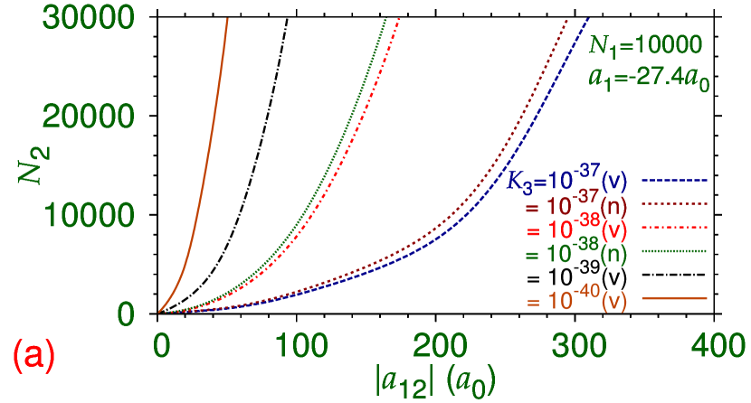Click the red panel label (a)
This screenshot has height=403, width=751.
pos(33,355)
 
